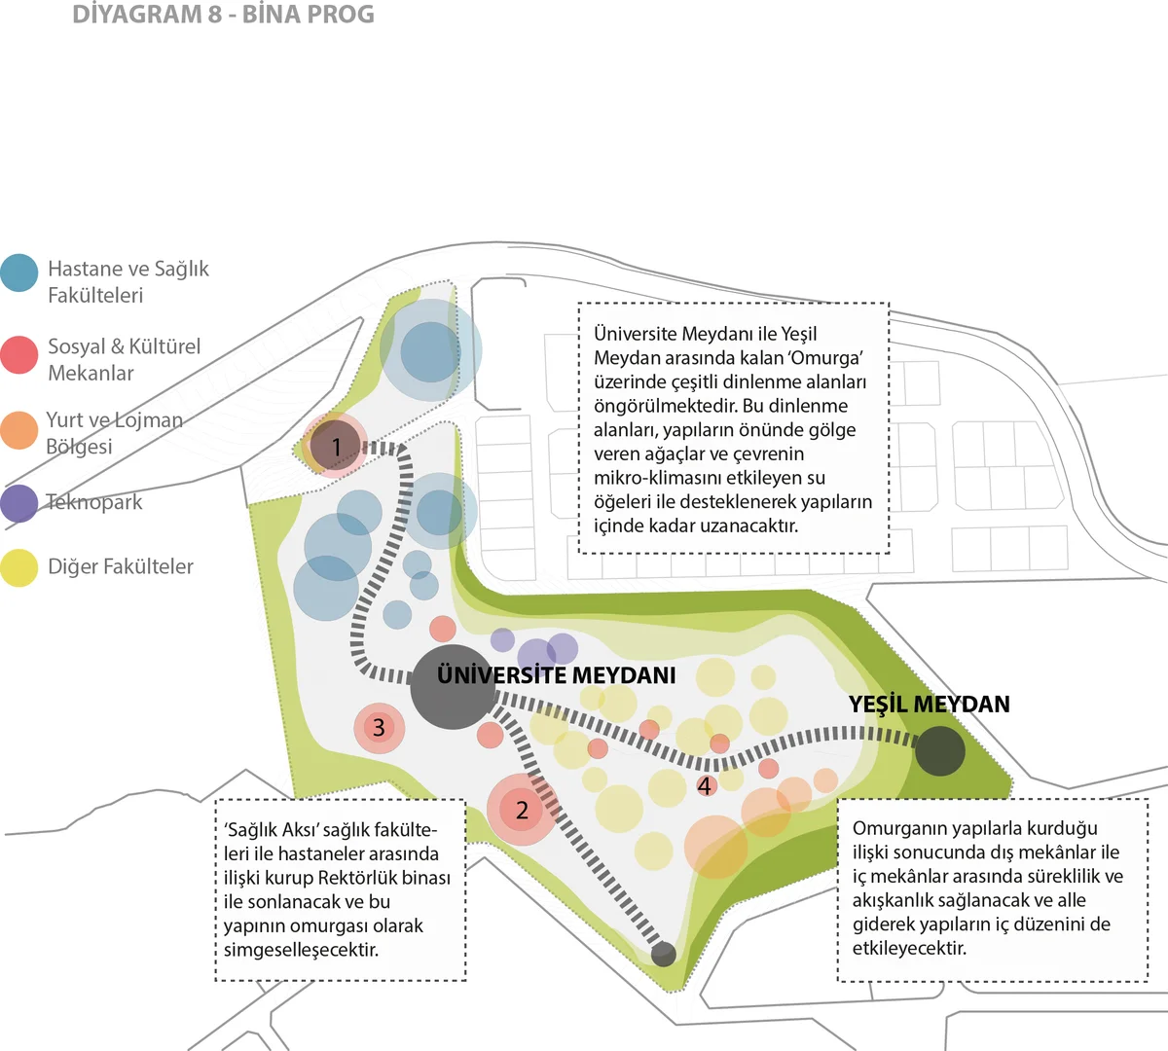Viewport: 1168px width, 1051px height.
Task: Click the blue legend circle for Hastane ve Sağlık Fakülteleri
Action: coord(19,272)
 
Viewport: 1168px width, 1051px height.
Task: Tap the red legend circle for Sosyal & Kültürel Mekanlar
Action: coord(19,354)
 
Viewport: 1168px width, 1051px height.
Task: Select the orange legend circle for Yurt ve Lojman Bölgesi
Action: coord(19,430)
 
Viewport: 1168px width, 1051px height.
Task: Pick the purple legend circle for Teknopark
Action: coord(19,503)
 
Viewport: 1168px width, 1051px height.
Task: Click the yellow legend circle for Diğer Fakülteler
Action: coord(19,567)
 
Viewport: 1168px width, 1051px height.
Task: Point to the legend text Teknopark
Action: coord(94,502)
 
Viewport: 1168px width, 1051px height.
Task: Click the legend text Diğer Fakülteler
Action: coord(121,566)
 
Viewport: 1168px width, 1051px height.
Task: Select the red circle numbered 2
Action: coord(523,810)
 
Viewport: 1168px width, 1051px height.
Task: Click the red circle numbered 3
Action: coord(379,728)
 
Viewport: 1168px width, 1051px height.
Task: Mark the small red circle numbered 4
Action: coord(705,786)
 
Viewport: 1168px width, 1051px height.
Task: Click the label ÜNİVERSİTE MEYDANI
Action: coord(556,675)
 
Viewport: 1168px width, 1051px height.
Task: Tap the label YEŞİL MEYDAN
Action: coord(930,704)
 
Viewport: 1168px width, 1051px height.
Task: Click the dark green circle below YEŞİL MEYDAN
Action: coord(940,751)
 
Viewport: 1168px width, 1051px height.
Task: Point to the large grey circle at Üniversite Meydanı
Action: coord(453,687)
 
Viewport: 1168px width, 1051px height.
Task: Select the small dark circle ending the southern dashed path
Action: coord(663,955)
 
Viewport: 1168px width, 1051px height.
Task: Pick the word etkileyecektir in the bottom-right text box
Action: coord(909,948)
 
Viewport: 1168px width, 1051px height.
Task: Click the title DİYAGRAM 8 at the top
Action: coord(147,15)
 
